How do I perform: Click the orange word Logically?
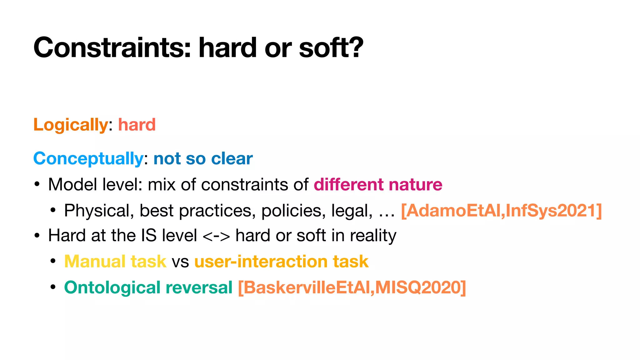(x=71, y=125)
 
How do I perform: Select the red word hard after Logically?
(x=137, y=125)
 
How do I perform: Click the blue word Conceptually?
(x=88, y=159)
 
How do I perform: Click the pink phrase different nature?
(x=378, y=185)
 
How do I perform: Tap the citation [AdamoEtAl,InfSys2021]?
(x=501, y=211)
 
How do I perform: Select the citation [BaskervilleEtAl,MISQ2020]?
(x=352, y=287)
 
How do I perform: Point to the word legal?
(x=352, y=211)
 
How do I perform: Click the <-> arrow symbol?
(x=216, y=236)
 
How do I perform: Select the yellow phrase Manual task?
(x=115, y=262)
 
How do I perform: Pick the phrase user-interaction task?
(x=281, y=262)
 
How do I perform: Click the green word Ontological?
(x=112, y=287)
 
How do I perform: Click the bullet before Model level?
(x=37, y=185)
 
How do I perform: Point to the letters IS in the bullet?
(x=149, y=236)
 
